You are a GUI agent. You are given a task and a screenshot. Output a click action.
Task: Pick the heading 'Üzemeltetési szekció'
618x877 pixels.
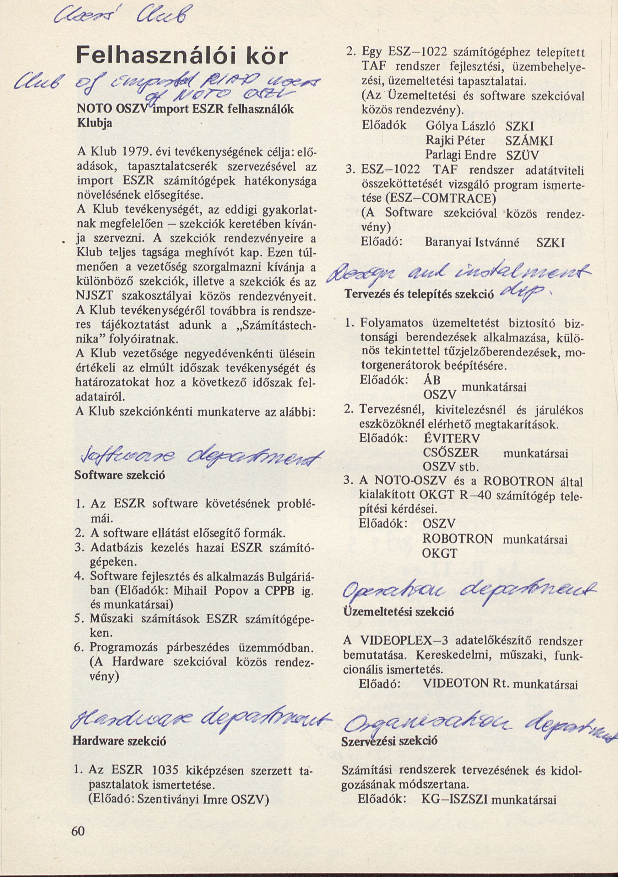[399, 612]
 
